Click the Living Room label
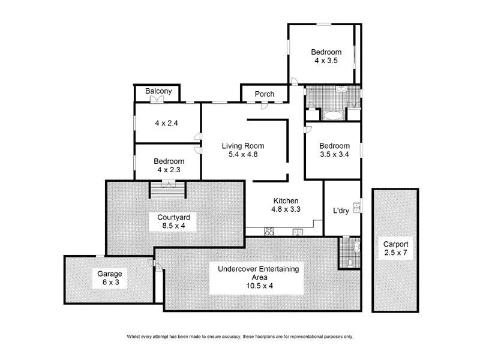click(242, 150)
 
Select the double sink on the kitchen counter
click(296, 232)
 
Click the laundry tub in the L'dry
click(356, 208)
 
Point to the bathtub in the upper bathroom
click(331, 115)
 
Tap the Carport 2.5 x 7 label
click(397, 249)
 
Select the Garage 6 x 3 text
click(110, 278)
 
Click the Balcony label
click(158, 92)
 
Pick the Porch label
click(265, 94)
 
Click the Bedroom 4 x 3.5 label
click(326, 56)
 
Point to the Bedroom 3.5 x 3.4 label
click(334, 150)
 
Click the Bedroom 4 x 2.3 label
click(168, 166)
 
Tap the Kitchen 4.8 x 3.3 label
click(286, 205)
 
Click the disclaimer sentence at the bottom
click(240, 336)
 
